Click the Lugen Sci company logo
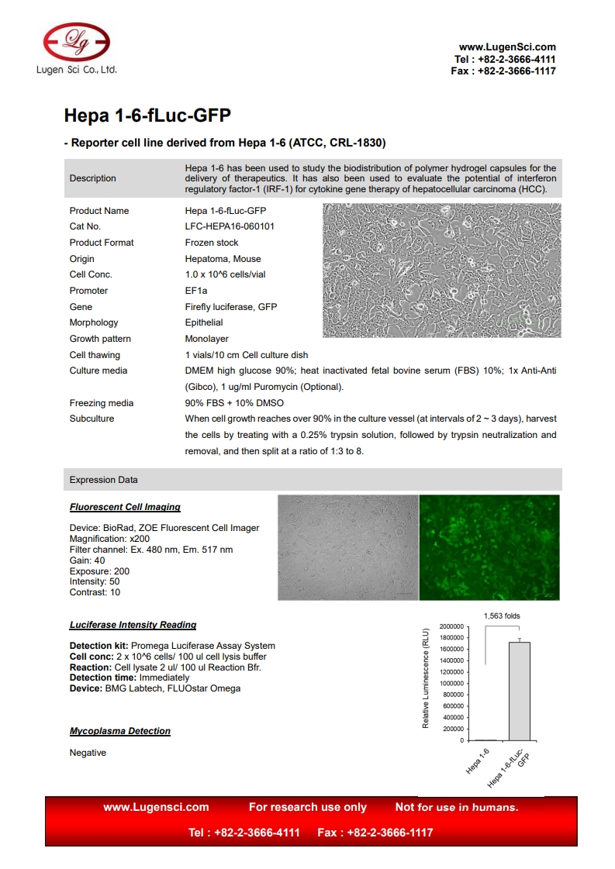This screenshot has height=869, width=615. [x=76, y=43]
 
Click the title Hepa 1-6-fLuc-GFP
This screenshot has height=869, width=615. [x=147, y=116]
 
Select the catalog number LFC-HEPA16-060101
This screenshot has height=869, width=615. [x=229, y=226]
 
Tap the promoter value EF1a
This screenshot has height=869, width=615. [x=196, y=291]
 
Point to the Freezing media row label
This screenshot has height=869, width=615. [x=102, y=403]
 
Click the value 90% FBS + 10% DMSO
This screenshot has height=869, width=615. [x=234, y=403]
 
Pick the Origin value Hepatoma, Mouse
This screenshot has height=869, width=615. [x=223, y=259]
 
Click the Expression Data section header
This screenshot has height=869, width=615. [x=103, y=480]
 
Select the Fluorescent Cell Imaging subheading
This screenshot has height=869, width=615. [x=125, y=507]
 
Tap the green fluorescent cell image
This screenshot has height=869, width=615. [x=489, y=547]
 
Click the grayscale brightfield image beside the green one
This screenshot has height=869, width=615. [x=347, y=547]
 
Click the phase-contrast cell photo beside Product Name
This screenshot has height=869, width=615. [x=441, y=271]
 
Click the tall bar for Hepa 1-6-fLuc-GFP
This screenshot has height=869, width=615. [x=520, y=690]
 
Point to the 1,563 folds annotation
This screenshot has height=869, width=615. [x=502, y=616]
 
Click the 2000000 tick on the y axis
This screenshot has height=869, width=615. [x=451, y=626]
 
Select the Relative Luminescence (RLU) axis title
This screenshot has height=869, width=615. [x=425, y=679]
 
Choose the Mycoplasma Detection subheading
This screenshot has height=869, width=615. [x=120, y=731]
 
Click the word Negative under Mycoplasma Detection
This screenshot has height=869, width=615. [x=88, y=753]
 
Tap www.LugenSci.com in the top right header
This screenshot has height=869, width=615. [x=507, y=47]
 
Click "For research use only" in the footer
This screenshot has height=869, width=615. [x=307, y=807]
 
